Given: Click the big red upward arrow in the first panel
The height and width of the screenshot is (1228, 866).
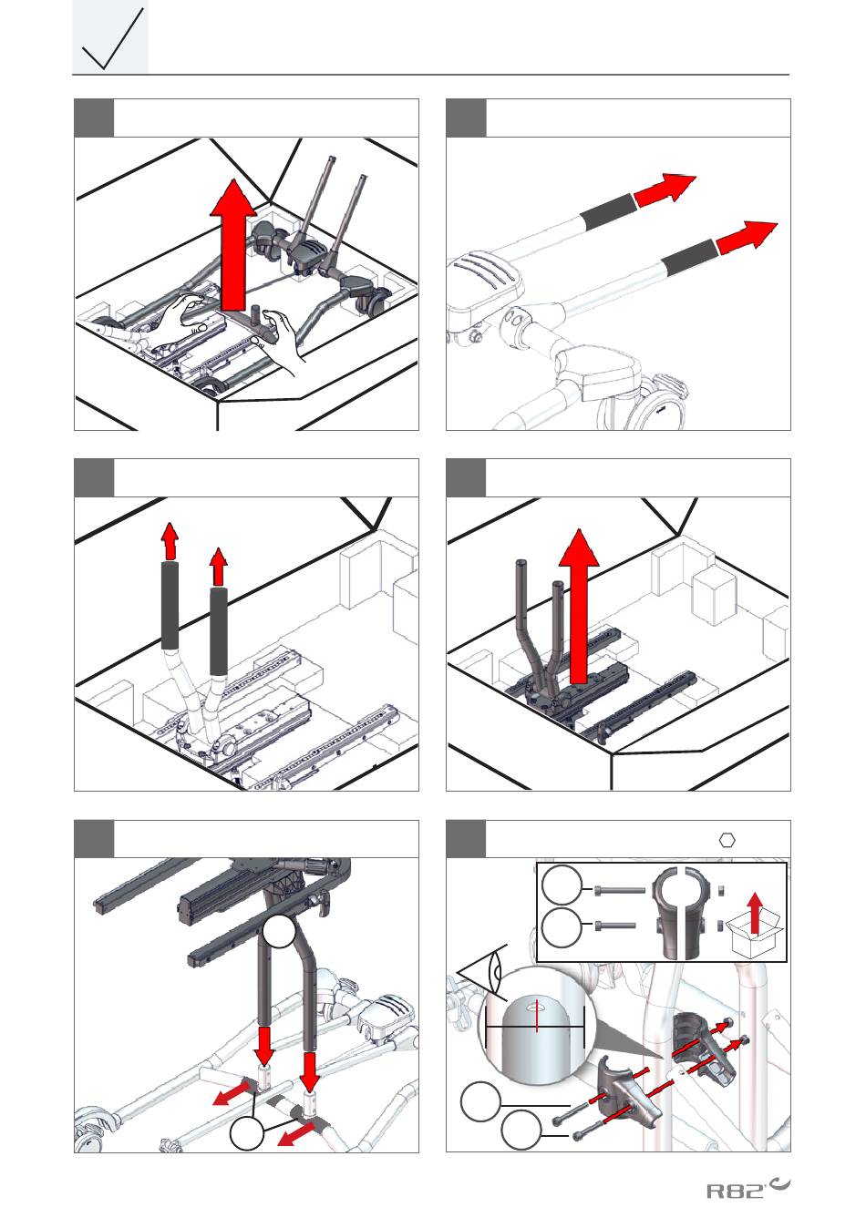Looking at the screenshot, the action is tap(233, 245).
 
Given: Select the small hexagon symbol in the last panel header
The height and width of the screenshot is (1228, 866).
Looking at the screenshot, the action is tap(727, 840).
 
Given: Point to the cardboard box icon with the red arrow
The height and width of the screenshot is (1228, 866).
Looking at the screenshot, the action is tap(755, 926).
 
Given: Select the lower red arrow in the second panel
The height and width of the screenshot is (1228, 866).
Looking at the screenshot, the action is tap(747, 237).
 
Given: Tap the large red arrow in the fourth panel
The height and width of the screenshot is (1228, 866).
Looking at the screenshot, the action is tap(579, 607).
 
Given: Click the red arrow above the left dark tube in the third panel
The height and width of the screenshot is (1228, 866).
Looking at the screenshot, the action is tap(170, 541).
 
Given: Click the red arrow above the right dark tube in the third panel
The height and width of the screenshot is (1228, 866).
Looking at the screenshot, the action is tap(219, 567).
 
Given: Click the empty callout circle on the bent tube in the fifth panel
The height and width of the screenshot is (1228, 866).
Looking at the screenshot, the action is tap(279, 931).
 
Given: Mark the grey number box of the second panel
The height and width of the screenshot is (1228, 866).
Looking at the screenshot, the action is tap(466, 118).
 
